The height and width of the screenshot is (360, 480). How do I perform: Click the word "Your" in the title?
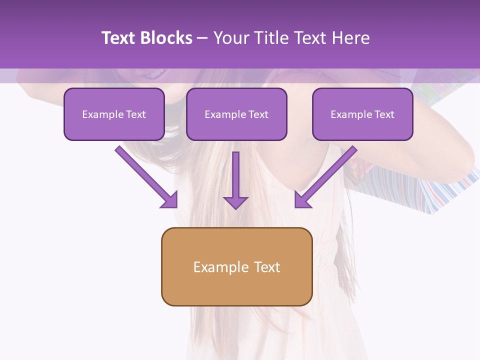231,38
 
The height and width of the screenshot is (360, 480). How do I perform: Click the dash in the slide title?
202,38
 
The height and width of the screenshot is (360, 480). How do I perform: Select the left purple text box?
114,114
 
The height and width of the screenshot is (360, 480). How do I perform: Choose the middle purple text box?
236,114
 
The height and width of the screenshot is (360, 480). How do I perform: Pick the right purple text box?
362,114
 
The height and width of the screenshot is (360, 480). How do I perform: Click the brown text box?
236,266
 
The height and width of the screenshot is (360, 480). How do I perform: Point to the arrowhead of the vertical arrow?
235,202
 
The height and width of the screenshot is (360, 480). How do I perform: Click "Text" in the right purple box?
384,114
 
